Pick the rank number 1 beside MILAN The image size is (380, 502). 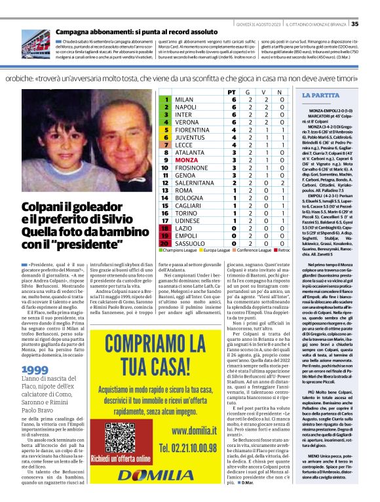(166, 99)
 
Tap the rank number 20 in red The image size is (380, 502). (166, 242)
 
